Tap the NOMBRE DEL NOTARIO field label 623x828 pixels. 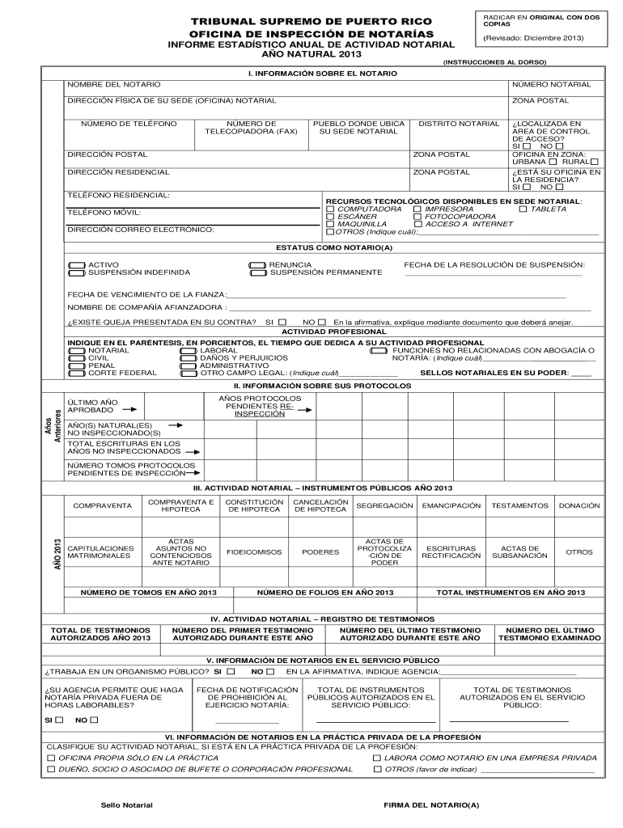click(113, 85)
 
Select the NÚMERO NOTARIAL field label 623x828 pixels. click(551, 85)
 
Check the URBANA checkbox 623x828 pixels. click(553, 162)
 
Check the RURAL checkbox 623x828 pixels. click(594, 162)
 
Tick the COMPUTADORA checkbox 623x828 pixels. click(330, 209)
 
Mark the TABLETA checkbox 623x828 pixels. click(523, 209)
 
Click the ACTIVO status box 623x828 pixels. click(77, 264)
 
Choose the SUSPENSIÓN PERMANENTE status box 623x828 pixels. click(258, 273)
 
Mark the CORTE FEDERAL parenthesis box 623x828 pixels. click(77, 374)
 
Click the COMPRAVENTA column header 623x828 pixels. click(102, 505)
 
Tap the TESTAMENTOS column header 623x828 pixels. click(519, 505)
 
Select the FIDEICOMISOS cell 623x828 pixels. click(254, 552)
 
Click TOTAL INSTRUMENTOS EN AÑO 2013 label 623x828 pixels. click(511, 593)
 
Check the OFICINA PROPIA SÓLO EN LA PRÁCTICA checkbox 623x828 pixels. click(51, 758)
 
